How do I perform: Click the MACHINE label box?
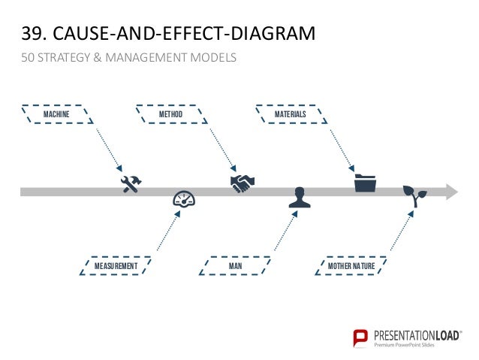point(57,114)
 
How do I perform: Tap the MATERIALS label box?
point(291,114)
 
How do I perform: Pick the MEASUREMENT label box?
point(116,266)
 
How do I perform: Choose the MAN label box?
point(234,266)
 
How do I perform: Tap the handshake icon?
point(243,183)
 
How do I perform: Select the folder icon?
point(365,183)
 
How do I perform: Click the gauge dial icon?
point(183,199)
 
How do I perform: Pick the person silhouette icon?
point(300,198)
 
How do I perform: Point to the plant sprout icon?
point(414,196)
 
